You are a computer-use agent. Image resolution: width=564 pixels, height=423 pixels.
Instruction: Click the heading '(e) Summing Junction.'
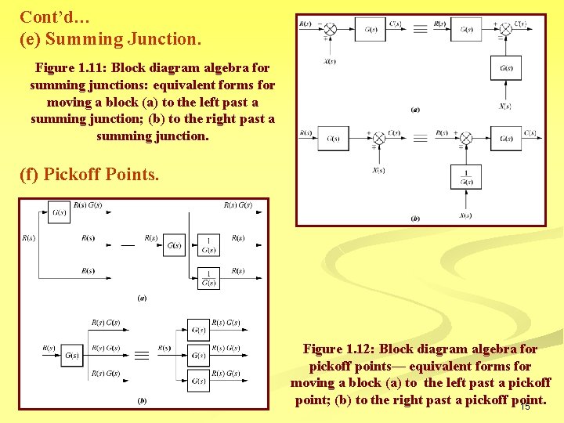pos(110,38)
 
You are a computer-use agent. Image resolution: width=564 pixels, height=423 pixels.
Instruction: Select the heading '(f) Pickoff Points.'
pos(89,174)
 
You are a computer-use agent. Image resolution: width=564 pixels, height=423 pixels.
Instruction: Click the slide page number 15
pos(525,406)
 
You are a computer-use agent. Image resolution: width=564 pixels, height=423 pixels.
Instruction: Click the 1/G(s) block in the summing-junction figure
pos(466,177)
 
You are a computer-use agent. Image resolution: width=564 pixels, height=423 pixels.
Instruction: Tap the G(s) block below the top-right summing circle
pos(505,68)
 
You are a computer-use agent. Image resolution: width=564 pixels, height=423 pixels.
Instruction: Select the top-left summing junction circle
pos(331,30)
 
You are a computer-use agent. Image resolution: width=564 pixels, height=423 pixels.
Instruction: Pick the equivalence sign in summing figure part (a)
pos(420,29)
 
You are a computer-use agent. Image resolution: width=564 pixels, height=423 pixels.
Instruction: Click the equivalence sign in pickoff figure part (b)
pos(142,356)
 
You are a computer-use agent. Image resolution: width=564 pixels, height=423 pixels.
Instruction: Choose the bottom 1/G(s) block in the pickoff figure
pos(208,278)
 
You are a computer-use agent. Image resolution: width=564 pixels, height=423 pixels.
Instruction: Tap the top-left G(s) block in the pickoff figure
pos(59,212)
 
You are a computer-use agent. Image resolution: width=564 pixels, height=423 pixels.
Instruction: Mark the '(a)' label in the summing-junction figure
pos(415,110)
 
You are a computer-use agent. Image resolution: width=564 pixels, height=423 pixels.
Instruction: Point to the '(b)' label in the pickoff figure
pos(142,400)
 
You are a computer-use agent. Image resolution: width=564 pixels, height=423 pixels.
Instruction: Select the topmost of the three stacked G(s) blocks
pos(199,330)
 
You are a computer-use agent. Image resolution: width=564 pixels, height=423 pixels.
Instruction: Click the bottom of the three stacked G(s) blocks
pos(199,381)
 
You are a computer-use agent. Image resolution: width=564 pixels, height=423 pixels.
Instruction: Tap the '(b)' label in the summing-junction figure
pos(415,219)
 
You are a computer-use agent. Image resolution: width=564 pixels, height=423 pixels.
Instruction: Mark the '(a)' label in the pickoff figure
pos(142,298)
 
